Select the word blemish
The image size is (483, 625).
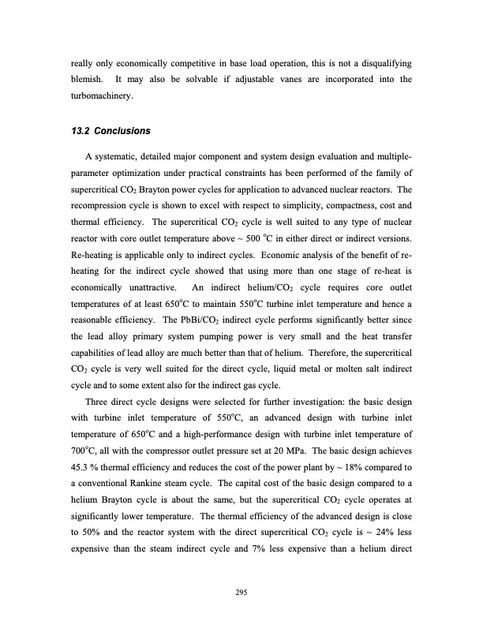(x=84, y=80)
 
